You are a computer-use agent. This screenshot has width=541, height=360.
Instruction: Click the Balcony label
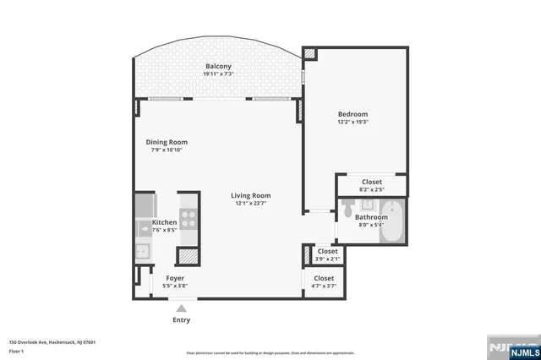click(217, 66)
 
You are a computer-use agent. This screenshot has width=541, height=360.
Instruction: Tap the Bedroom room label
click(352, 114)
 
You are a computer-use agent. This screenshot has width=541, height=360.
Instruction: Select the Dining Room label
click(169, 142)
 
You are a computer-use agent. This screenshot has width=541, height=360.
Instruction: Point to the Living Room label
click(251, 195)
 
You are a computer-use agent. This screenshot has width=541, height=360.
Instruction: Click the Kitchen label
click(164, 222)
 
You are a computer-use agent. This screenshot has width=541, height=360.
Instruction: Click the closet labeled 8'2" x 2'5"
click(372, 182)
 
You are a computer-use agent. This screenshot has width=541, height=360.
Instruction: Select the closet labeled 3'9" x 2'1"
click(328, 251)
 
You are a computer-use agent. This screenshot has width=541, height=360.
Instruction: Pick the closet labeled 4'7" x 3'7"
click(324, 278)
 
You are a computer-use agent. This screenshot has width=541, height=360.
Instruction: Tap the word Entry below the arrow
click(182, 320)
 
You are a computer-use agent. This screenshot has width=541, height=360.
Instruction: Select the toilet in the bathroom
click(347, 210)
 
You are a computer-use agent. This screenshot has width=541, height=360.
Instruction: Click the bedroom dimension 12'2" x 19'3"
click(352, 123)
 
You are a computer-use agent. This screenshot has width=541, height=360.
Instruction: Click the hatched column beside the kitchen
click(186, 256)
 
